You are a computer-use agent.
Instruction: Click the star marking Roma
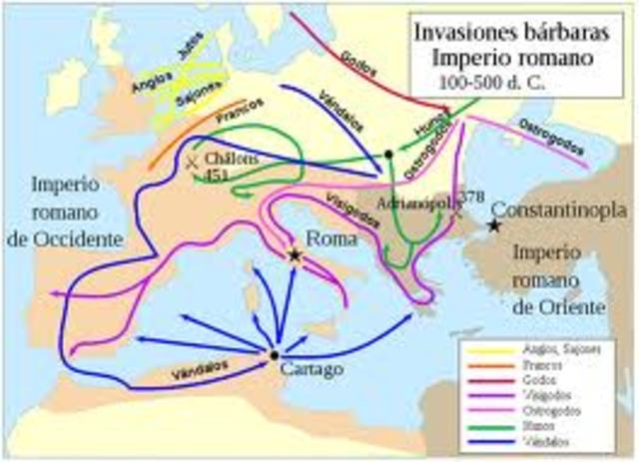tap(295, 255)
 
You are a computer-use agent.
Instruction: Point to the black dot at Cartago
tap(274, 354)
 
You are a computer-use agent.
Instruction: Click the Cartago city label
tap(313, 368)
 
